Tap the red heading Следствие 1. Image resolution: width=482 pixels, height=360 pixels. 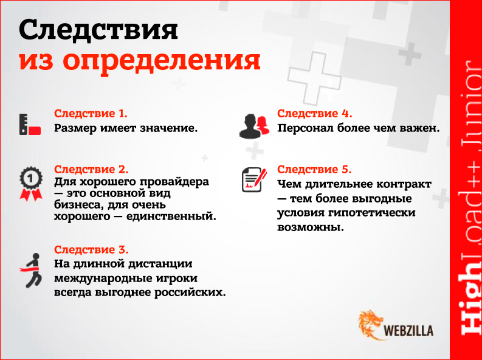[91, 114]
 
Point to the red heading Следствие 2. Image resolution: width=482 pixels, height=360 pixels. [92, 169]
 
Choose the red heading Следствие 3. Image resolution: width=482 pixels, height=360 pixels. [92, 250]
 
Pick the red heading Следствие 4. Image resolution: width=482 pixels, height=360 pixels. [315, 114]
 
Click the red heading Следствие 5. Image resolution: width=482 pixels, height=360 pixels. [314, 169]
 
